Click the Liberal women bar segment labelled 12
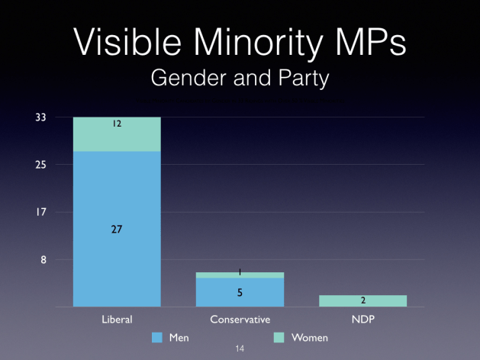(117, 134)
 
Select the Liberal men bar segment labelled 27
(117, 229)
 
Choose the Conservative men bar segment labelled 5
(240, 292)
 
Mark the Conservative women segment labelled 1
(240, 275)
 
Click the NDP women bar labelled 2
(362, 301)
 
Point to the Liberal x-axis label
(117, 319)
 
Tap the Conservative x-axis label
(240, 319)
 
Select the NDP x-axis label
(362, 319)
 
